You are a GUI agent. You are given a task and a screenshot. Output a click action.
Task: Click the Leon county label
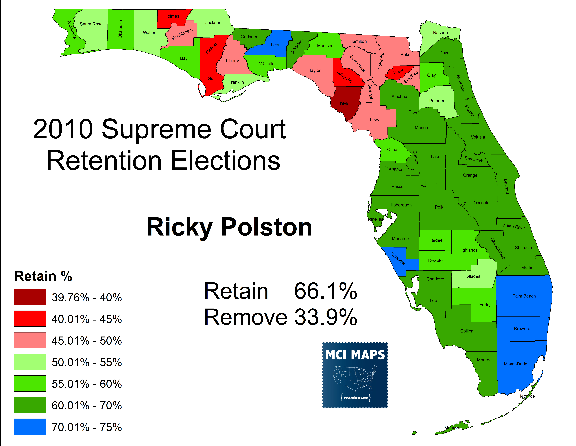[x=276, y=45]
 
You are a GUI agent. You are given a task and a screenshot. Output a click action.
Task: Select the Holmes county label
[x=172, y=16]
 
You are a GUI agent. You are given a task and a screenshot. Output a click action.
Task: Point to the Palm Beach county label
[x=524, y=296]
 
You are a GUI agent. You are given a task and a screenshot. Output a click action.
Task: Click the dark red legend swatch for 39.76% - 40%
[x=30, y=297]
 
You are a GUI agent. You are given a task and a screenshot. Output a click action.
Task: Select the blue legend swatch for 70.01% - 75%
[x=30, y=426]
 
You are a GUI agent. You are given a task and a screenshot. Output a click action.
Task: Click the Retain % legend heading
[x=43, y=276]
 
